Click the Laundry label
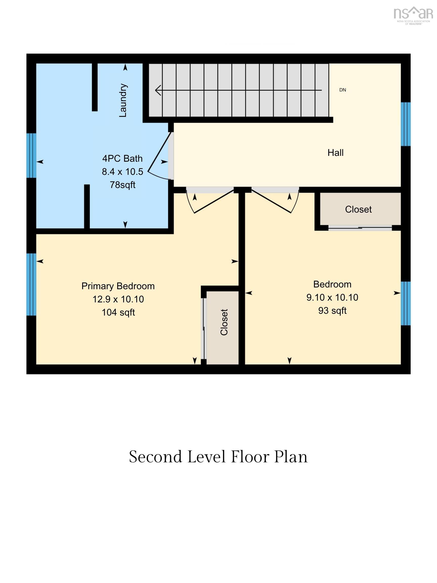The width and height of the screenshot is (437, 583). click(123, 100)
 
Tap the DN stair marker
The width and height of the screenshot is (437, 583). click(342, 90)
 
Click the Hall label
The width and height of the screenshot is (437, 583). click(335, 153)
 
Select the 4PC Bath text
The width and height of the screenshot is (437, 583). click(122, 158)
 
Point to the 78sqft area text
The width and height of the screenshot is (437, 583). click(122, 185)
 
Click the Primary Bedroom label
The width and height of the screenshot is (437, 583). click(118, 286)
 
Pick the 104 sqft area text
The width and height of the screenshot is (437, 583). click(118, 312)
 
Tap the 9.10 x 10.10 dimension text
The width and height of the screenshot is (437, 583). click(332, 297)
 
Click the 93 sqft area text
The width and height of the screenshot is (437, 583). click(332, 310)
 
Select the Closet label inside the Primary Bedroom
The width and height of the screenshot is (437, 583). click(224, 322)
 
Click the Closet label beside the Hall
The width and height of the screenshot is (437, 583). click(358, 209)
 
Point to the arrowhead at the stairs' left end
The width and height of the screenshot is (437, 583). click(158, 90)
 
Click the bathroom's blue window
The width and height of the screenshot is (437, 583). click(31, 156)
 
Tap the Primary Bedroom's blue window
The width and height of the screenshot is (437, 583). click(31, 284)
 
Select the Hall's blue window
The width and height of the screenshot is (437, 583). click(406, 124)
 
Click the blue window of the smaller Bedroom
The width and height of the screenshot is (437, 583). click(406, 303)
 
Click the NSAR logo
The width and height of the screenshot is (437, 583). click(413, 15)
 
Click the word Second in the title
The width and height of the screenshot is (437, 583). click(156, 457)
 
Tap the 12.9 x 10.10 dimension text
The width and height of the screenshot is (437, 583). click(118, 299)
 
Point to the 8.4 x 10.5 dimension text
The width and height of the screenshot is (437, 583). click(122, 172)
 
